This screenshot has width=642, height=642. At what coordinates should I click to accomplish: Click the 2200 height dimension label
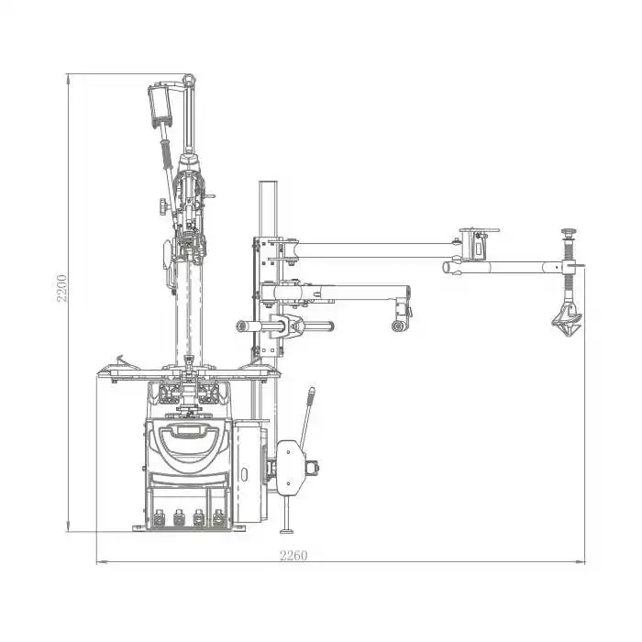(61, 288)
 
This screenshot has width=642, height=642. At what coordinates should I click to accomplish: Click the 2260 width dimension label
(293, 556)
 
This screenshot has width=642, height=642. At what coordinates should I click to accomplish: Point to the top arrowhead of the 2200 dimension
(68, 79)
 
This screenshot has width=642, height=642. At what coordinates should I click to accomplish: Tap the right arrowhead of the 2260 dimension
(581, 561)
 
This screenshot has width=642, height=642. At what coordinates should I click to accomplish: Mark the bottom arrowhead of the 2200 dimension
(68, 527)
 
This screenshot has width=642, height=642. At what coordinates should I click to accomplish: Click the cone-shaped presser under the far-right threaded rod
(567, 320)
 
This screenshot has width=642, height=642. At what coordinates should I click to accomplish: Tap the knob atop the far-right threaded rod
(569, 232)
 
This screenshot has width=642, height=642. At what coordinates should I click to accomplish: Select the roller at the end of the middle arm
(398, 326)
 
